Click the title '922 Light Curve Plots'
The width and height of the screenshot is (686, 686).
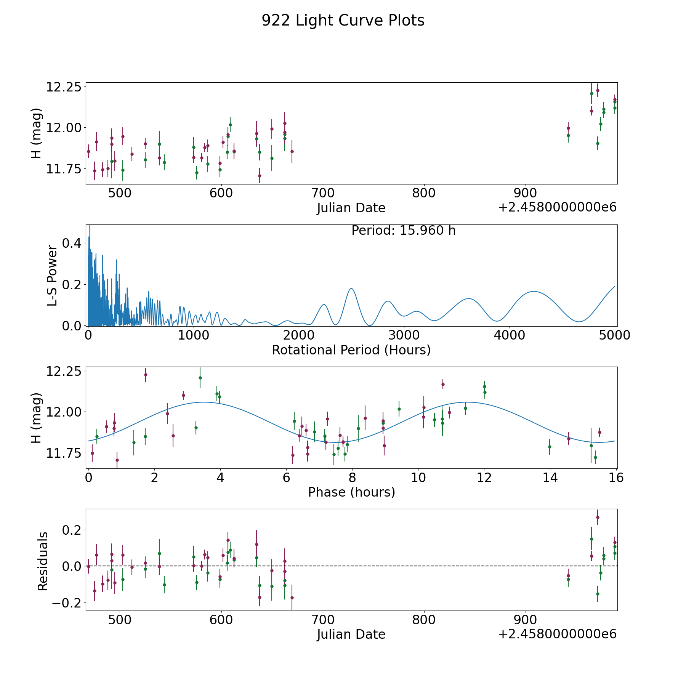point(343,21)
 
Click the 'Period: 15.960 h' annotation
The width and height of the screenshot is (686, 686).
point(403,231)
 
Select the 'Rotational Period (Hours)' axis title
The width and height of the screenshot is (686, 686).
point(351,350)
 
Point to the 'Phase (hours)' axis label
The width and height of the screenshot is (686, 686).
point(351,492)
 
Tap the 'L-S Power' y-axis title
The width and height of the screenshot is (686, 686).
point(53,276)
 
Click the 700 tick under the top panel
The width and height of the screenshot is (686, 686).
point(322,193)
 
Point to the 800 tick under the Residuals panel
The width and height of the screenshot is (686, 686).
point(424,620)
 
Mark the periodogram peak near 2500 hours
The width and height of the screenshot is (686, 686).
point(351,289)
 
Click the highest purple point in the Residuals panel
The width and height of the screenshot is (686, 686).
point(598,517)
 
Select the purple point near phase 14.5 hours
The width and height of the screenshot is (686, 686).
point(569,439)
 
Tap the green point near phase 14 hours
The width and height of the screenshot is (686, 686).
point(550,447)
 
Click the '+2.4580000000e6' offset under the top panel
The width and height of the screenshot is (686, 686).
point(557,208)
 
